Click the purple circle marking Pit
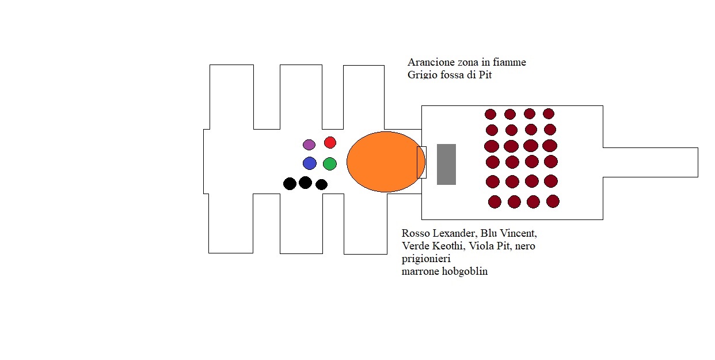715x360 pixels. pos(309,145)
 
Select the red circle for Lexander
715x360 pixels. pos(330,142)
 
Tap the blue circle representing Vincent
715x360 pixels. pos(310,163)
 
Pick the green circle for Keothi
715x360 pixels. pos(330,164)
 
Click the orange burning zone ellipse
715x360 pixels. pos(386,162)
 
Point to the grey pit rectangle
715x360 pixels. pos(446,164)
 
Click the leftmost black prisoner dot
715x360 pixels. pos(290,184)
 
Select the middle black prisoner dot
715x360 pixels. pos(306,183)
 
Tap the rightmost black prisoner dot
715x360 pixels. pos(321,184)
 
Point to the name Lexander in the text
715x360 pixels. pos(455,233)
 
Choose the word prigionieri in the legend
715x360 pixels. pos(426,259)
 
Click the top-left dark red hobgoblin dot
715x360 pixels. pos(490,114)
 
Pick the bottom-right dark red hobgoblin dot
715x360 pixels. pos(553,201)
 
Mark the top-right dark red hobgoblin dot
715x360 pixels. pos(549,113)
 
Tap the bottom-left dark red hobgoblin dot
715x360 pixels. pos(495,202)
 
